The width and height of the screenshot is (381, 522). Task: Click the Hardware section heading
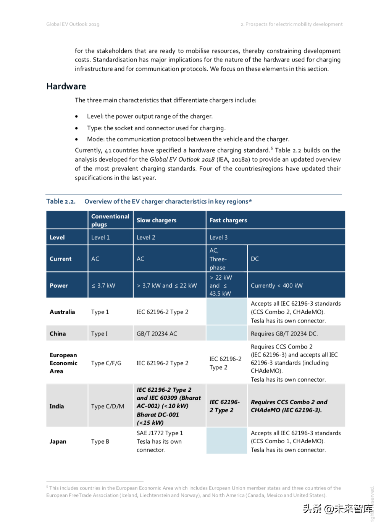click(66, 86)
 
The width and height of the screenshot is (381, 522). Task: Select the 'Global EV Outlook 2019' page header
click(73, 24)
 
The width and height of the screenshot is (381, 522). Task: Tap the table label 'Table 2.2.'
click(61, 201)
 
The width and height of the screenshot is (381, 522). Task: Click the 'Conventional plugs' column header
click(110, 220)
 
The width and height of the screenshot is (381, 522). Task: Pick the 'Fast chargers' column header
click(228, 220)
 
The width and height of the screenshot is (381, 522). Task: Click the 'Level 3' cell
click(218, 237)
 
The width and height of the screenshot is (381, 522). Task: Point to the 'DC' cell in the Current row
click(255, 259)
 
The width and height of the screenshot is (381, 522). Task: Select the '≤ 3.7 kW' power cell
click(103, 285)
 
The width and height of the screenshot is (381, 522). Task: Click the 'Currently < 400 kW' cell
click(276, 285)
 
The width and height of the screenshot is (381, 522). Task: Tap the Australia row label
click(62, 312)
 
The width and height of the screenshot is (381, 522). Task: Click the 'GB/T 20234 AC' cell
click(157, 334)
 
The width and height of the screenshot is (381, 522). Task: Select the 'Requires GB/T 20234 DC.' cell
click(284, 334)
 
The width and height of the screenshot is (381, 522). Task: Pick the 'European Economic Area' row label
click(63, 363)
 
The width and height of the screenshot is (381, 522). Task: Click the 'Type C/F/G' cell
click(106, 363)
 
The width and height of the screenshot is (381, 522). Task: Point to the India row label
click(57, 406)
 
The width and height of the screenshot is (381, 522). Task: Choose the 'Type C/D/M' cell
click(107, 406)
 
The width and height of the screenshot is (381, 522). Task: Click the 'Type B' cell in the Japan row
click(100, 441)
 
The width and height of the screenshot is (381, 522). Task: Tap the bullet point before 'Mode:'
click(77, 139)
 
